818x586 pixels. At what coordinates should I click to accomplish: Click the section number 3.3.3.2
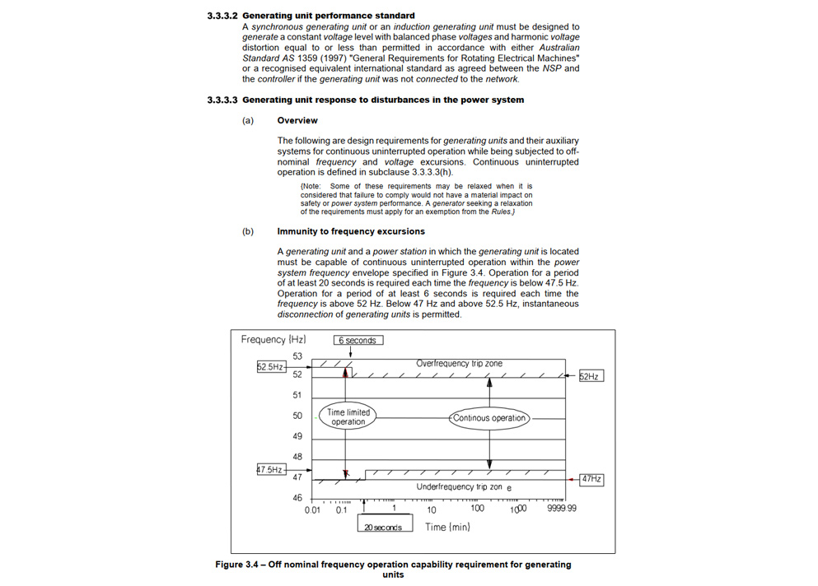coord(222,16)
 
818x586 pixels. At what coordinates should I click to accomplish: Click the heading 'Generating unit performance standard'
coord(329,16)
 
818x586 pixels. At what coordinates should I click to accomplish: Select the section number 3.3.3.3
coord(222,100)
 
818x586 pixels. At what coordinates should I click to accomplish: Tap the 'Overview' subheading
coord(297,120)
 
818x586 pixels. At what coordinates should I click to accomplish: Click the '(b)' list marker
coord(248,231)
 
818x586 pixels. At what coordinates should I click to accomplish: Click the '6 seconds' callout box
coord(358,340)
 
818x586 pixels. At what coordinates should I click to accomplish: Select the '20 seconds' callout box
coord(383,527)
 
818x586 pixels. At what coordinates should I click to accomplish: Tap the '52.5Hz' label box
coord(271,367)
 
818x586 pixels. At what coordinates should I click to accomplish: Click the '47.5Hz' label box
coord(271,470)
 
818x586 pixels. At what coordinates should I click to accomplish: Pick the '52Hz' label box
coord(590,376)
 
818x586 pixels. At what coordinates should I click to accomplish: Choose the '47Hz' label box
coord(591,478)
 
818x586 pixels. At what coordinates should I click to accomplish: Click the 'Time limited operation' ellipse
coord(348,416)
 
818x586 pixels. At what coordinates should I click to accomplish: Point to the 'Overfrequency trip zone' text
coord(459,363)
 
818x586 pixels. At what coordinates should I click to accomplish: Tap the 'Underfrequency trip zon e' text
coord(464,487)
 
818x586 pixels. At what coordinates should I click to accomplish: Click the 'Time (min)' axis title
coord(447,527)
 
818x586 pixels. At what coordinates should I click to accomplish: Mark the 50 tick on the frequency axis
coord(297,416)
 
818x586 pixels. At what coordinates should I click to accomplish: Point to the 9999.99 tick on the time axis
coord(562,509)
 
